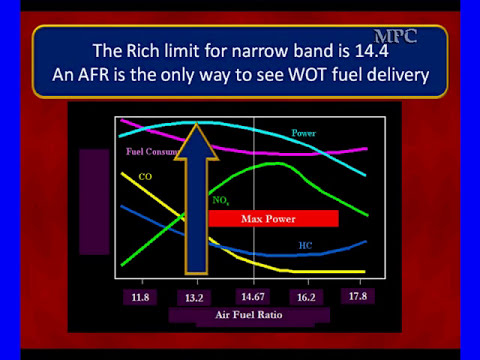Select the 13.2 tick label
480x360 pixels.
pos(194,297)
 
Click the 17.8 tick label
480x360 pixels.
pos(353,296)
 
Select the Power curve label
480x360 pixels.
pos(304,134)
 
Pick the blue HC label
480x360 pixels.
pos(305,245)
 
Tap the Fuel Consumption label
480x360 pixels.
pos(150,153)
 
